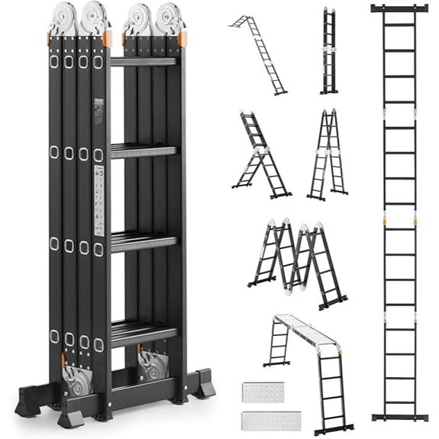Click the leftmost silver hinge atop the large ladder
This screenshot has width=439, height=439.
63,18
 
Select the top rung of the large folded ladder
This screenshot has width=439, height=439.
144,61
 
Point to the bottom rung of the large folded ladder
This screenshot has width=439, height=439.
144,332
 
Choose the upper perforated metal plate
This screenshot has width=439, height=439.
263,392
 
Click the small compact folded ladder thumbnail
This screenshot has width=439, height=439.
329,51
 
